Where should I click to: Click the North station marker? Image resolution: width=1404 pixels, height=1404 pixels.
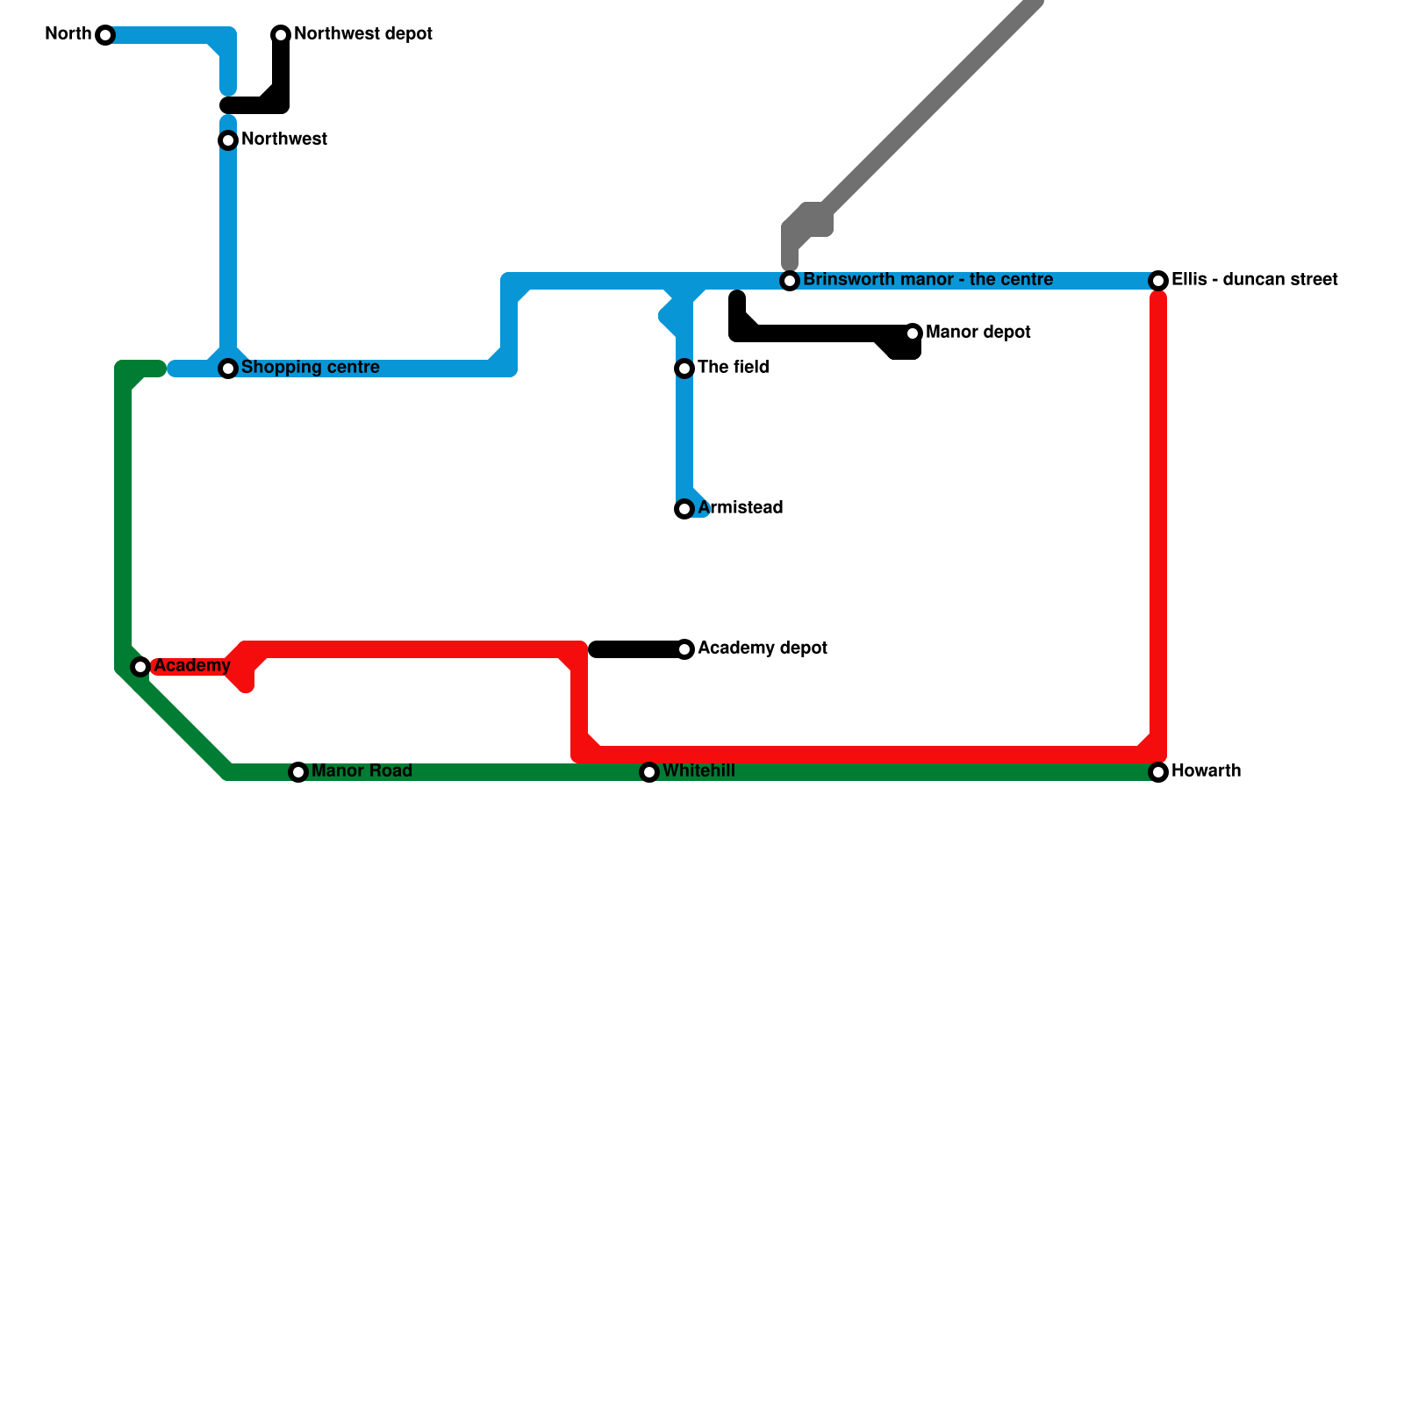click(105, 35)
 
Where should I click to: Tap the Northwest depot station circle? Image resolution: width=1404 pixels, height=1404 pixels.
click(281, 35)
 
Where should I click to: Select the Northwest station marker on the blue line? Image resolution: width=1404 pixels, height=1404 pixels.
click(228, 140)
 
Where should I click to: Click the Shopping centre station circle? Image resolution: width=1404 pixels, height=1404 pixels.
click(228, 369)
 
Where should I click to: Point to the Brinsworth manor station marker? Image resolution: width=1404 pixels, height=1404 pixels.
click(790, 281)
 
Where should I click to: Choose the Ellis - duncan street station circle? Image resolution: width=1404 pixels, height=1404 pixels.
click(1158, 281)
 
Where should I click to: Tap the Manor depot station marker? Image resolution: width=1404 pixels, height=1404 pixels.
click(913, 333)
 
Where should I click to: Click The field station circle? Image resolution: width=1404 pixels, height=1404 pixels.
click(684, 369)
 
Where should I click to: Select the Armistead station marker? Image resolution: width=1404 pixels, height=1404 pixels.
click(684, 509)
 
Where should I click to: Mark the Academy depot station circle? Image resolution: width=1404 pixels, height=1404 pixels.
click(684, 649)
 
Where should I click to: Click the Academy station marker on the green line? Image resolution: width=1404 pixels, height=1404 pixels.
click(140, 667)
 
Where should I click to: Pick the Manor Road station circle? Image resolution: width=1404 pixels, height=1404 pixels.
click(298, 772)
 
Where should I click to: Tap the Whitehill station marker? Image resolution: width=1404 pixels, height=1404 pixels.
click(649, 772)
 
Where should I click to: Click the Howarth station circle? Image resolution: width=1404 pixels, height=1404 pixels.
click(1158, 772)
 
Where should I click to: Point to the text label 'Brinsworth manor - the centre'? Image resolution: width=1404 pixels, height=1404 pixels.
click(928, 280)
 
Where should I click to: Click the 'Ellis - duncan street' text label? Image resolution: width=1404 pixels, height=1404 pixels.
click(1254, 280)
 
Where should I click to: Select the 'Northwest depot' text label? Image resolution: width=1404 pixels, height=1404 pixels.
click(362, 34)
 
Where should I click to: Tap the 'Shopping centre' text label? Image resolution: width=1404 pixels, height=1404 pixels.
click(310, 368)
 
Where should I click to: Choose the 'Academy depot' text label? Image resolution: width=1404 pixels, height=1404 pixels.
click(762, 648)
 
